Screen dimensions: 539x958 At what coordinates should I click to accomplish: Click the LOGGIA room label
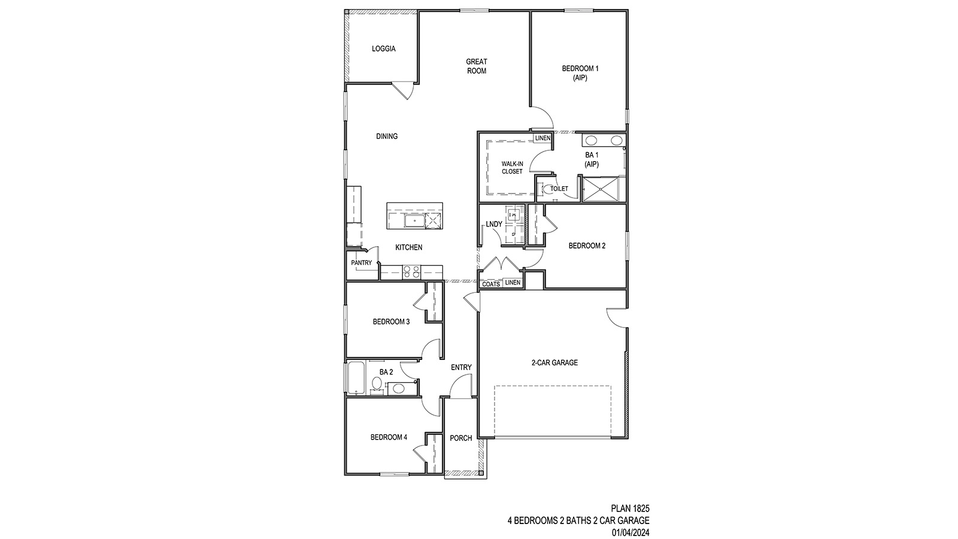(383, 49)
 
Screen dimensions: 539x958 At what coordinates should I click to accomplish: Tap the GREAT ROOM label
(477, 66)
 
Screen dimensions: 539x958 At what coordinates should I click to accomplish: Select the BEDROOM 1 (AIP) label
(580, 73)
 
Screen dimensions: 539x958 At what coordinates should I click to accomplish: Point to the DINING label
(387, 137)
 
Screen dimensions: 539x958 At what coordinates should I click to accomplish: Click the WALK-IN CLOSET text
(512, 168)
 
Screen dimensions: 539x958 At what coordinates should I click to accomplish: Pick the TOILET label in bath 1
(559, 189)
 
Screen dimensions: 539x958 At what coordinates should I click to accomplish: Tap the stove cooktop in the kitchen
(411, 272)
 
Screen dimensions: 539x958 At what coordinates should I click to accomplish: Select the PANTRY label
(361, 263)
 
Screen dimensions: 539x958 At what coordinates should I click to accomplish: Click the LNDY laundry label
(494, 225)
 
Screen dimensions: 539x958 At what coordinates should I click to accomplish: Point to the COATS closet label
(491, 284)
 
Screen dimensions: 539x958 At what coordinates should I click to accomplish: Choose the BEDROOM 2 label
(587, 246)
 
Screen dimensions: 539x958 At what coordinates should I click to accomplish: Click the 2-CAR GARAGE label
(554, 362)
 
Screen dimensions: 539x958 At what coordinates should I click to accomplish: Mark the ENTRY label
(461, 368)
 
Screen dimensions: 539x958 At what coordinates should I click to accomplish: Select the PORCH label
(460, 438)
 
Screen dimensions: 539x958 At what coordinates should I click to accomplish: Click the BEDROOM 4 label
(389, 437)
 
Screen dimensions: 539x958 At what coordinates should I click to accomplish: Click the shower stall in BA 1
(603, 190)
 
